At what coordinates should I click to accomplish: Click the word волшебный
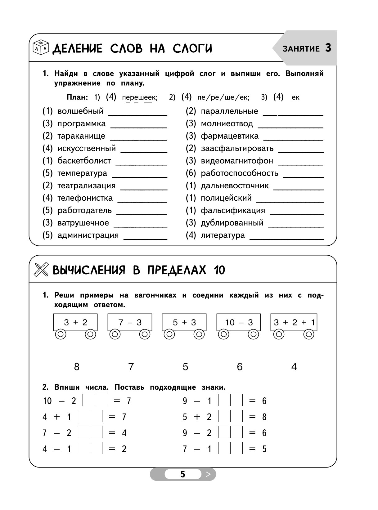(80, 111)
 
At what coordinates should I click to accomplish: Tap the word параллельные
(229, 111)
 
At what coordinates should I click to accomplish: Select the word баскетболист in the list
(84, 161)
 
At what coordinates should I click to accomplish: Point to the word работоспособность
(240, 173)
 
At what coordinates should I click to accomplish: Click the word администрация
(88, 235)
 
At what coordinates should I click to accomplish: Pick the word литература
(223, 235)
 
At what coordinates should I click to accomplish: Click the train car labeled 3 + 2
(76, 322)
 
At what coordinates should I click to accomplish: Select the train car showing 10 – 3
(239, 322)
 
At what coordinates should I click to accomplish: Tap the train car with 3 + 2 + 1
(294, 322)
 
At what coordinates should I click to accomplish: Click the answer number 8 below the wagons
(77, 367)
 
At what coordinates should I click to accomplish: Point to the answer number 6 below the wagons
(240, 367)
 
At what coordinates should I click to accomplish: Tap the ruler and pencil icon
(41, 270)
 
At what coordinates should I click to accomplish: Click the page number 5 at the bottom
(183, 474)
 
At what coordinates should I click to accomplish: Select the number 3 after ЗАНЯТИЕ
(328, 48)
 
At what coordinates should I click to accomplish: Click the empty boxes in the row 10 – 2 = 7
(95, 400)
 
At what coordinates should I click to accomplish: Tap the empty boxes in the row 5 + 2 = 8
(230, 416)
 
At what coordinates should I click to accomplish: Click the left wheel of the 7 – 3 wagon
(115, 334)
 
